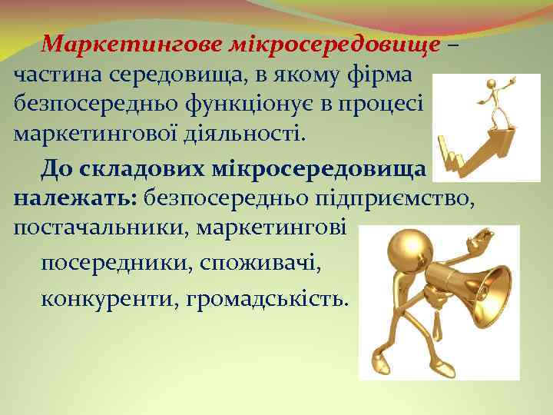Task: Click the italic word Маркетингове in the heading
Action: click(x=134, y=45)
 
